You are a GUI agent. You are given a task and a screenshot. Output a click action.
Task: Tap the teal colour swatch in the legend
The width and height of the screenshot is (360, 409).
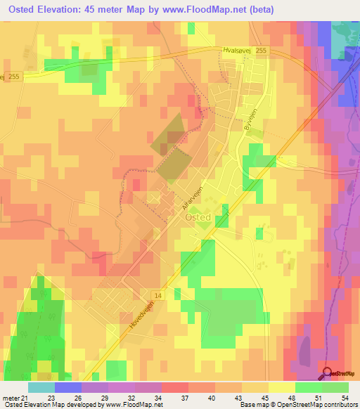click(x=41, y=387)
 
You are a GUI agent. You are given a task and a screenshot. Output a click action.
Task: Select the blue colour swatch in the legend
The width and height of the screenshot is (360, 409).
click(x=67, y=387)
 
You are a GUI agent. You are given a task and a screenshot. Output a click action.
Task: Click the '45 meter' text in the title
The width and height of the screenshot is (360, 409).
click(x=115, y=9)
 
